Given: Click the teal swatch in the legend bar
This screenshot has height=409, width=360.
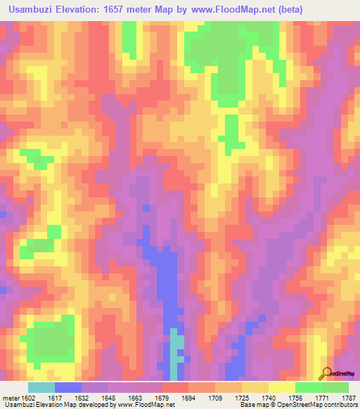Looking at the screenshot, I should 41,387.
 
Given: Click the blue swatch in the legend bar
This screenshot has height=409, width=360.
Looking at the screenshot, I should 68,387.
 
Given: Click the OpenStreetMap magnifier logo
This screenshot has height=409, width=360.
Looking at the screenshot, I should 326,372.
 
